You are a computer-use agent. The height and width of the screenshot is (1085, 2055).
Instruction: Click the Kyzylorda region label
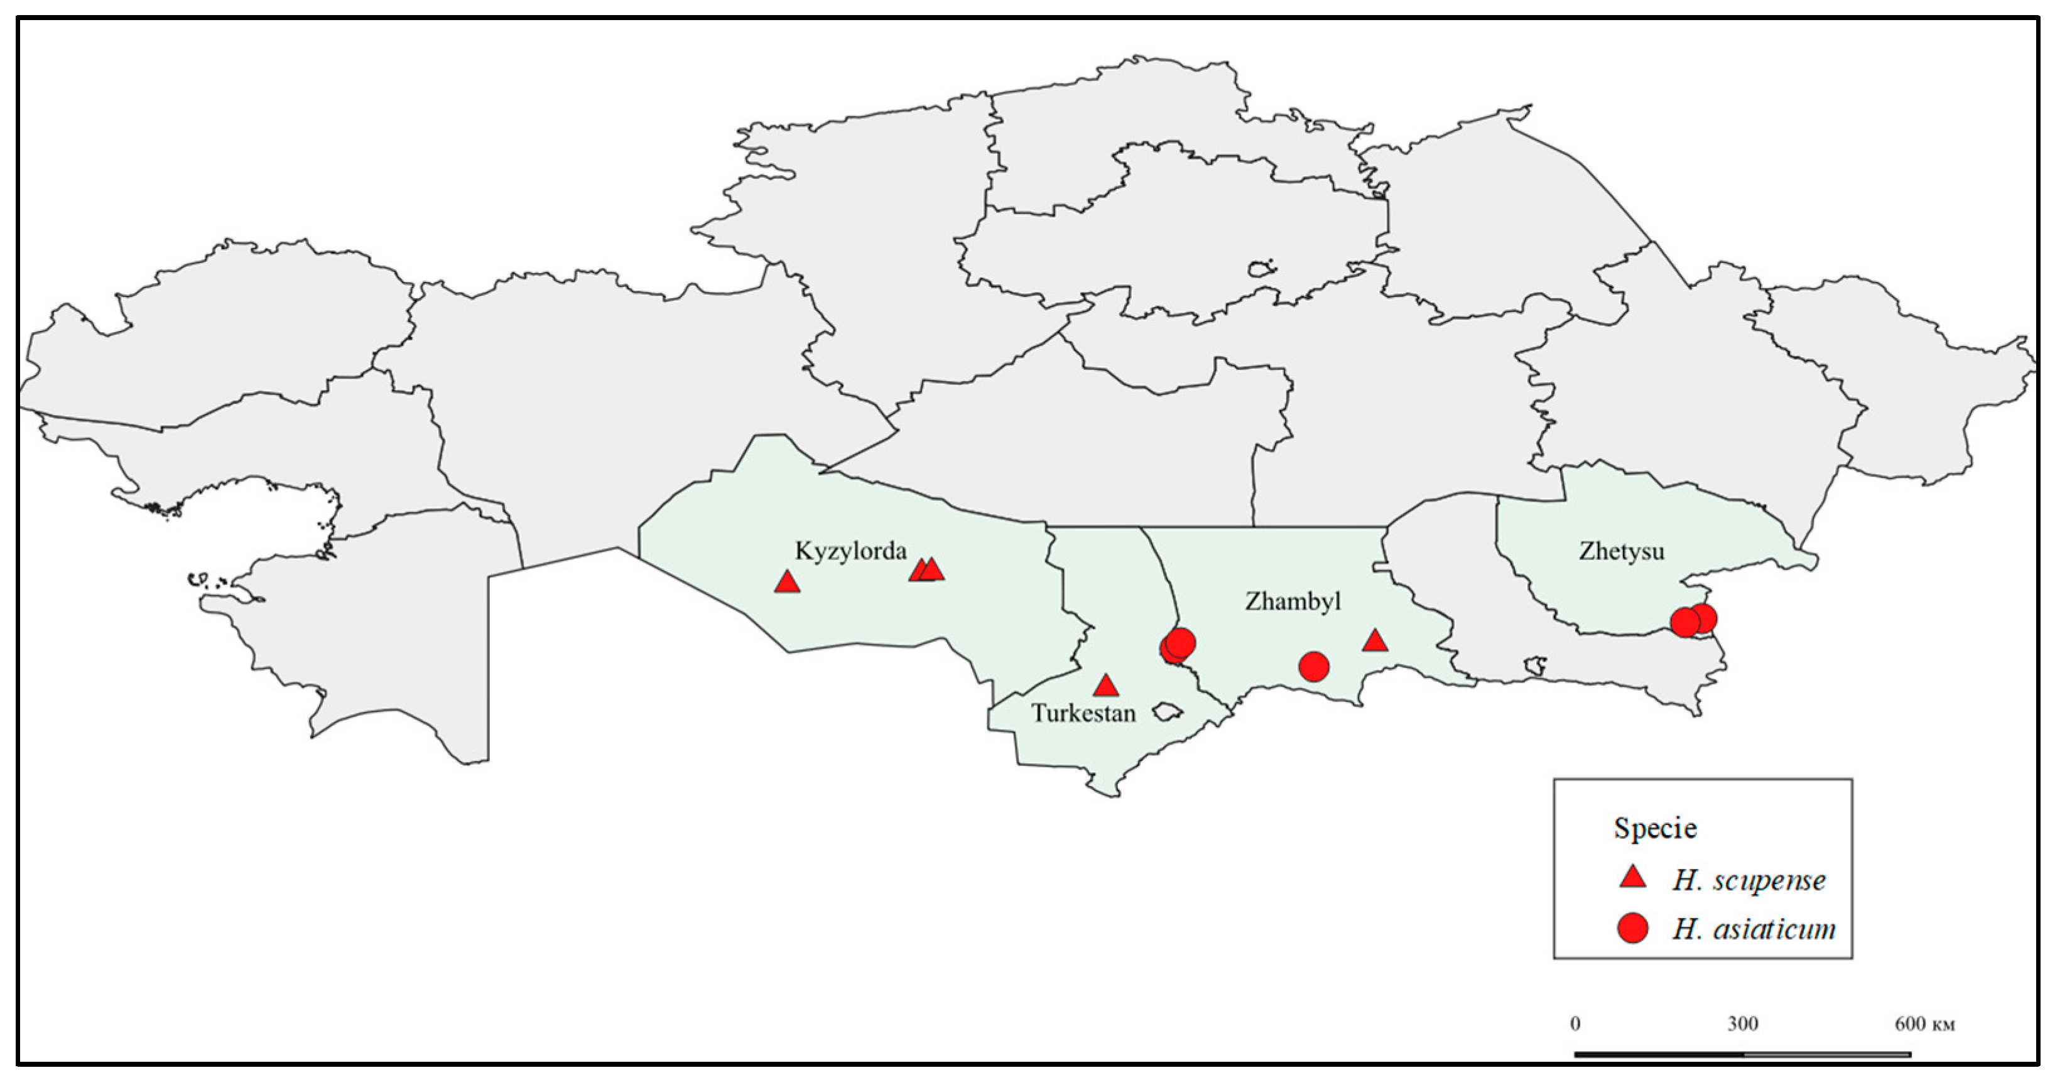pos(850,551)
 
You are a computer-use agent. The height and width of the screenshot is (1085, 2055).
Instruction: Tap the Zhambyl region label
pos(1293,601)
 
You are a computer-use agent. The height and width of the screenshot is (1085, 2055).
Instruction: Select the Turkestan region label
pos(1083,713)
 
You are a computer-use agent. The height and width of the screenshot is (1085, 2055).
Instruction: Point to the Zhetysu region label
pos(1621,551)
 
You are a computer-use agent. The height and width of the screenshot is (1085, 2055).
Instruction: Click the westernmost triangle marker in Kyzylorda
pos(788,581)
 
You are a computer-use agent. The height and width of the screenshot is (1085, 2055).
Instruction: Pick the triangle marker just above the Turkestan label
pos(1105,685)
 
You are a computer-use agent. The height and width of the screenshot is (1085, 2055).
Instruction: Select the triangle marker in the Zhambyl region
pos(1375,640)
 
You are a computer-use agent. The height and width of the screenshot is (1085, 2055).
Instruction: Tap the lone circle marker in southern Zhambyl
pos(1314,666)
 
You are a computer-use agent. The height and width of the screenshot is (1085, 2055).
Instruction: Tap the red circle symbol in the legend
pos(1633,929)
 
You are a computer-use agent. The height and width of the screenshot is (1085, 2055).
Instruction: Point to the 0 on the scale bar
pos(1575,1024)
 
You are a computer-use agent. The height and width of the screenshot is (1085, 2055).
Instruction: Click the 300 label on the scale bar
pos(1743,1024)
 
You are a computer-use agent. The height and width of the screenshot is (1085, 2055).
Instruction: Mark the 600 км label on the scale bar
pos(1924,1024)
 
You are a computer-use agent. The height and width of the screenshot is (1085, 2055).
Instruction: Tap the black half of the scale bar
pos(1659,1054)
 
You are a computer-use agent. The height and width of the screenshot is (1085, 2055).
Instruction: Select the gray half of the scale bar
pos(1827,1054)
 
